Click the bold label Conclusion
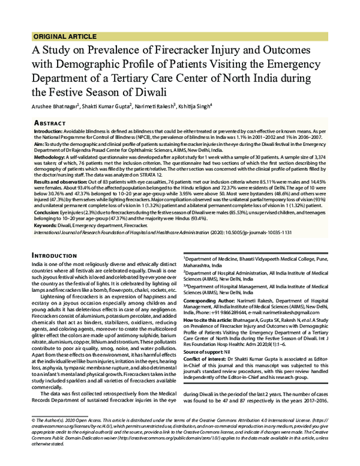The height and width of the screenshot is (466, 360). click(48, 211)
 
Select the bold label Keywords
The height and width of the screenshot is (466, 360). click(47, 223)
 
